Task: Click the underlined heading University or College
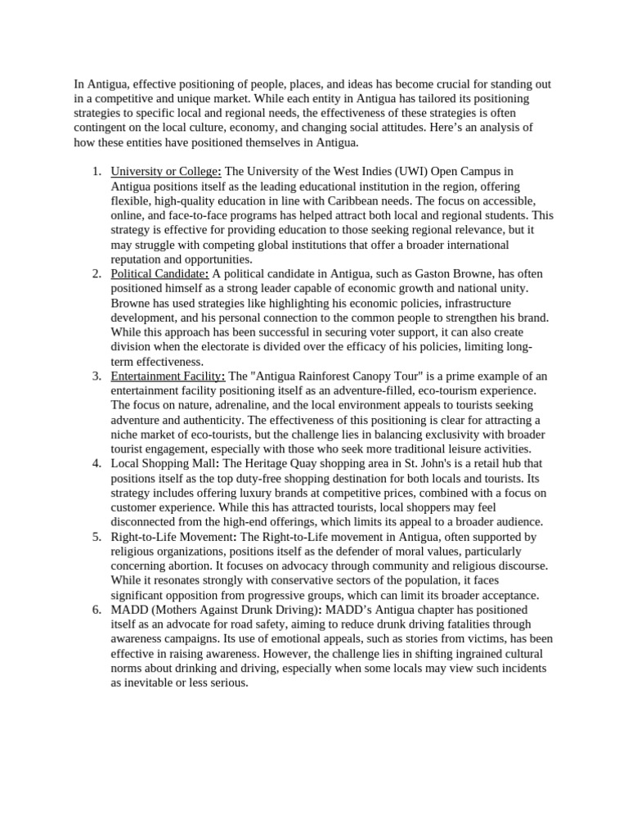coord(166,171)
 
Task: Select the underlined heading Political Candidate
coord(160,273)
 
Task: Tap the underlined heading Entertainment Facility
coord(168,376)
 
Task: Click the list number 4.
coord(96,463)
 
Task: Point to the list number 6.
coord(96,610)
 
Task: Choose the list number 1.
coord(96,171)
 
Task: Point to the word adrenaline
coord(246,405)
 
